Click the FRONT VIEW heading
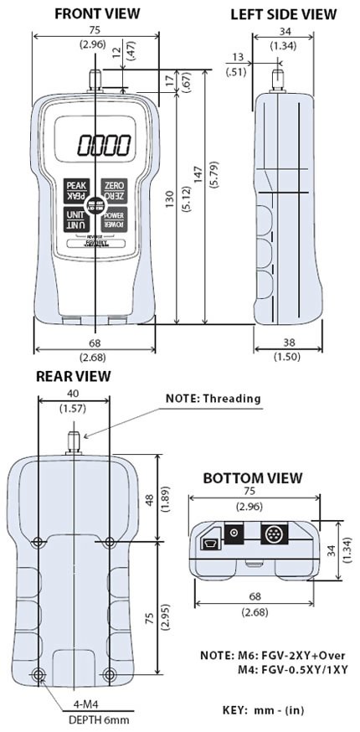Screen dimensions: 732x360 coord(96,14)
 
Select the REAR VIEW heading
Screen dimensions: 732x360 coord(73,376)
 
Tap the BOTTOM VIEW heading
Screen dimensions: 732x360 coord(252,478)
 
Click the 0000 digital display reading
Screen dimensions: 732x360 coord(105,146)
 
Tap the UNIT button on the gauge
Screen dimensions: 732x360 coord(75,219)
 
